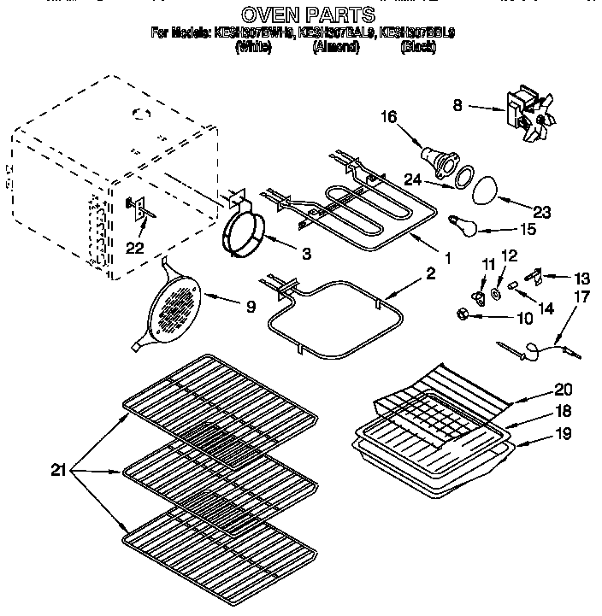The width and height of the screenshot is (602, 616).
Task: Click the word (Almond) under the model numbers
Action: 335,48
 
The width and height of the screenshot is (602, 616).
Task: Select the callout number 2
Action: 430,273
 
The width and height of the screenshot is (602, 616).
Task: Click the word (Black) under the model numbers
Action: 418,48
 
